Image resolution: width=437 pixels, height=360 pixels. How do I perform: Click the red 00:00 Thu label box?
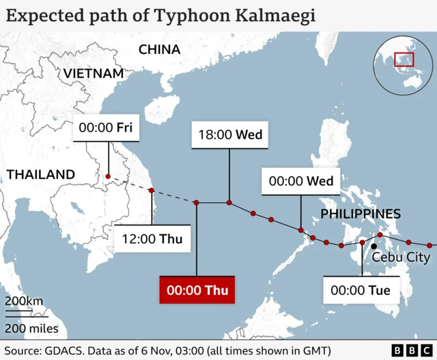pos(197,290)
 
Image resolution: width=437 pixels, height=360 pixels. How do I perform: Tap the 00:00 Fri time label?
pos(106,128)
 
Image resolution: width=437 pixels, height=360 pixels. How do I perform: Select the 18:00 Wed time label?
pos(229,135)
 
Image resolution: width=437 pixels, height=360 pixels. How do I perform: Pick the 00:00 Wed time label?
pos(301,181)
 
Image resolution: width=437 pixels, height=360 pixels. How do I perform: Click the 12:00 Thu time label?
pos(152,239)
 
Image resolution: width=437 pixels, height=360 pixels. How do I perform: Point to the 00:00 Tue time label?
pos(361,290)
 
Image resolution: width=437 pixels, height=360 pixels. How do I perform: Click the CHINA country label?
pos(159,49)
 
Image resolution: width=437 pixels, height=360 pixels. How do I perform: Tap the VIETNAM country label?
pos(94,73)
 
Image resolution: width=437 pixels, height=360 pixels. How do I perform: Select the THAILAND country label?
pos(41,174)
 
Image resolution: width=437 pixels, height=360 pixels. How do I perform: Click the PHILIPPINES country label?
pos(361,214)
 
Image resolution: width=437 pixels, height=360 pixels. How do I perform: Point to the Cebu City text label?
pos(400,258)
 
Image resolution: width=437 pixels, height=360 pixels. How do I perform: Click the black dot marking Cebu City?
pos(373,246)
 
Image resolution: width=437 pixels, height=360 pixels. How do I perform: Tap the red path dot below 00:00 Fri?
pos(107,178)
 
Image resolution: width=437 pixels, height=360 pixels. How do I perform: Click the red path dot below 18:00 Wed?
pos(229,202)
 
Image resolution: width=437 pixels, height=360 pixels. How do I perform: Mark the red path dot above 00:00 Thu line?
pos(197,202)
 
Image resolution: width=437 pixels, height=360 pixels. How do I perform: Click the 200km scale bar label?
pos(24,301)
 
